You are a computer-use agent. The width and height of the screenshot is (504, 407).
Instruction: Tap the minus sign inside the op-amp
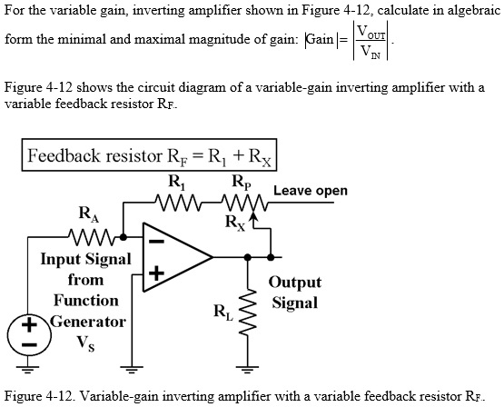coord(155,243)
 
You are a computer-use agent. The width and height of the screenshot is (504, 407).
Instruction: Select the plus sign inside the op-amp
coord(155,273)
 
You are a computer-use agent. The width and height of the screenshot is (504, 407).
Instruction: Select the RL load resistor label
coord(222,313)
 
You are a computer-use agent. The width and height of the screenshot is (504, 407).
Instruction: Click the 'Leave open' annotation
coord(310,191)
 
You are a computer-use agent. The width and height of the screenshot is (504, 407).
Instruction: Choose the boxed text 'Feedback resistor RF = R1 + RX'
coord(151,154)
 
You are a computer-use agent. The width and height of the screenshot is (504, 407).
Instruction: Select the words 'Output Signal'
coord(295,293)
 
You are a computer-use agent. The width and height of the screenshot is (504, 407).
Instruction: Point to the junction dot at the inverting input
coord(124,241)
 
